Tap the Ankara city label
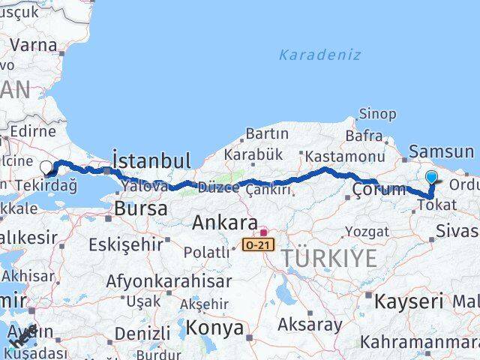223,223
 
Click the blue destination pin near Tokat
432,178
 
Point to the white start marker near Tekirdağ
46,169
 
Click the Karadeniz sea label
319,55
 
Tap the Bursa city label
141,209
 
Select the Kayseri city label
409,301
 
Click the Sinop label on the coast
377,114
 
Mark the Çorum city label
379,189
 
